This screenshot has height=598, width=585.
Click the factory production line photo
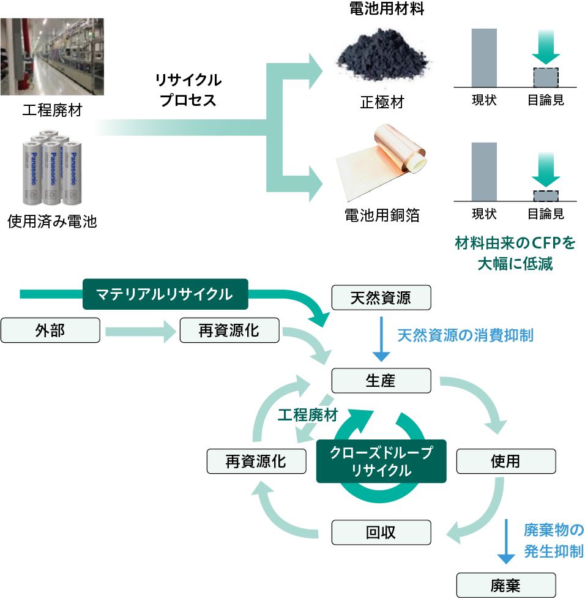(x=51, y=56)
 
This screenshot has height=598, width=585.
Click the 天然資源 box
(x=381, y=298)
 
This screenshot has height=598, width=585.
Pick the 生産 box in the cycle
(x=381, y=381)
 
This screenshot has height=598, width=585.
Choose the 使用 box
(x=505, y=461)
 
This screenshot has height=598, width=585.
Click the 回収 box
(x=381, y=532)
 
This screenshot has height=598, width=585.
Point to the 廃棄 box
(x=505, y=585)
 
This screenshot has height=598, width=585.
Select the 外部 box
(x=50, y=331)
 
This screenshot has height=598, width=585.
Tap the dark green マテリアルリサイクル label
(x=166, y=294)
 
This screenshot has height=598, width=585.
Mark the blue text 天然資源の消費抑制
(x=465, y=335)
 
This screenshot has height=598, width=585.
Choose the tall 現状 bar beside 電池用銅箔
(x=483, y=171)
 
